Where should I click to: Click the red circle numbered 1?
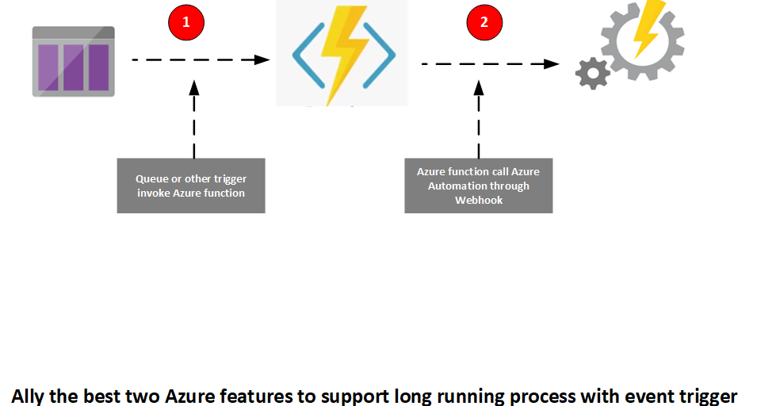186,22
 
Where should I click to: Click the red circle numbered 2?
484,22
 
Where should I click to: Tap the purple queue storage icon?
74,62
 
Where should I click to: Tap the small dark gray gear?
592,74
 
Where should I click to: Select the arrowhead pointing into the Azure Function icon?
258,59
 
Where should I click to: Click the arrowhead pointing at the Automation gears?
552,63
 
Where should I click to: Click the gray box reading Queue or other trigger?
191,186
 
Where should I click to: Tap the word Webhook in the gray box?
478,200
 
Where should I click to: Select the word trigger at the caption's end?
708,395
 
